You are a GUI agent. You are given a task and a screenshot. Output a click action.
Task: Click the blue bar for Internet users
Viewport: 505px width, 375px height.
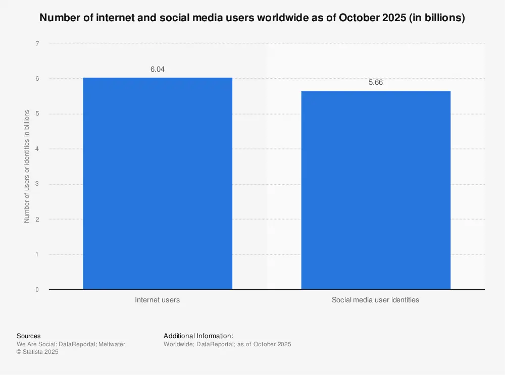pos(157,183)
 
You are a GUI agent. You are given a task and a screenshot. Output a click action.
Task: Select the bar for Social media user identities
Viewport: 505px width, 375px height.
pos(376,190)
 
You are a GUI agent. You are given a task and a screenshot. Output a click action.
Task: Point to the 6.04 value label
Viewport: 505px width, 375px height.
pos(157,69)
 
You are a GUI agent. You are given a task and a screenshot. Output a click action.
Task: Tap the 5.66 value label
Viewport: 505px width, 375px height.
pos(376,83)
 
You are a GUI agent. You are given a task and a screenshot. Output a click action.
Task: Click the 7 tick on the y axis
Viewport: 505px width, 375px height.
pos(37,44)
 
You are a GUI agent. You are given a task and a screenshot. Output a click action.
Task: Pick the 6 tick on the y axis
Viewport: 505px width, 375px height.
pos(37,79)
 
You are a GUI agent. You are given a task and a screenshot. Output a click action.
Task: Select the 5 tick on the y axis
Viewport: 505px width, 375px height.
pos(37,114)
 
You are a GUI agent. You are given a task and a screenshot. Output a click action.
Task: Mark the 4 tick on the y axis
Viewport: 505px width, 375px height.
pos(37,149)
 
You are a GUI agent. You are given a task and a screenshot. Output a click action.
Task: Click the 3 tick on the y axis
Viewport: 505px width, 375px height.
pos(37,184)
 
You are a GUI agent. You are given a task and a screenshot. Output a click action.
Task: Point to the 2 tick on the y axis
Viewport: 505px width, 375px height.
pos(37,220)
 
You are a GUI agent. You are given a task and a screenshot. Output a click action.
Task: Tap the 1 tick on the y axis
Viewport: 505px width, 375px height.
pos(37,254)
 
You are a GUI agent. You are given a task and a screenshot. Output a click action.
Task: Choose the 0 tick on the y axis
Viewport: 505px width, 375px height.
pos(37,290)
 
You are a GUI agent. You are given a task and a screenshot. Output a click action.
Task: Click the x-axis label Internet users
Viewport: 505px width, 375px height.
pos(157,300)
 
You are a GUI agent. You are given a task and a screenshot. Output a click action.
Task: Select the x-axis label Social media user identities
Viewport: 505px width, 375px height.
pos(375,300)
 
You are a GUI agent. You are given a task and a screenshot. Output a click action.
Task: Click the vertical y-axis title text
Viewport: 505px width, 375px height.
pos(27,167)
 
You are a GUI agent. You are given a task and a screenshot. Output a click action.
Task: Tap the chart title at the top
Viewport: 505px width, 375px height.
pos(252,18)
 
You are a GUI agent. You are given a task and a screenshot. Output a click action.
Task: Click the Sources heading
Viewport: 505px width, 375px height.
pos(29,336)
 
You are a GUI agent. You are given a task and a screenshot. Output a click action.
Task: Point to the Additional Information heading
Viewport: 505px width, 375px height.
pos(198,336)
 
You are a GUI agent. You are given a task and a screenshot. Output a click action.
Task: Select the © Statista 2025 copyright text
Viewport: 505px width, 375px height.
pos(37,352)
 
